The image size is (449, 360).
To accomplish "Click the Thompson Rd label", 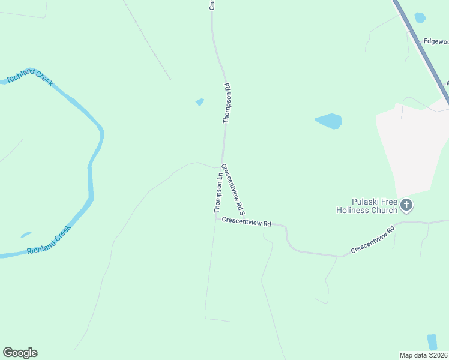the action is click(227, 103).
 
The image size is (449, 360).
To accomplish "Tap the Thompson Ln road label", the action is click(218, 193).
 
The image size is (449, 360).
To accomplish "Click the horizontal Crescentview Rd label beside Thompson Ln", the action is click(246, 222).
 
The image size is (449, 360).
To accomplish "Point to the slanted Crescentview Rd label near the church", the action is click(373, 240).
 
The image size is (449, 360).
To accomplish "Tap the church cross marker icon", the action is click(406, 205).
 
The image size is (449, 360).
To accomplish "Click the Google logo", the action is click(20, 353).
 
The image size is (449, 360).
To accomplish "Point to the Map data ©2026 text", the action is click(424, 355).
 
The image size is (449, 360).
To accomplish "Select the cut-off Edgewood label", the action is click(436, 41).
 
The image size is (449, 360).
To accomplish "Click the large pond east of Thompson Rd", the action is click(329, 121).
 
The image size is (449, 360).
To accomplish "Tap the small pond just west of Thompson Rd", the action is click(200, 102).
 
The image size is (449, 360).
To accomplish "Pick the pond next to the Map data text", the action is click(432, 342).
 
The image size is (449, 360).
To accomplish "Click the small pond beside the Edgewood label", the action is click(420, 17).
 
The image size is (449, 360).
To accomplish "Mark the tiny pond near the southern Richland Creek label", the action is click(26, 235).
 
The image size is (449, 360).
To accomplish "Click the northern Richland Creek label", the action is click(30, 77).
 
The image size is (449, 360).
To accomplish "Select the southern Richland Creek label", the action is click(49, 241).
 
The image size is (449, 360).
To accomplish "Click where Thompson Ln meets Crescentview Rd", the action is click(217, 217).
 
